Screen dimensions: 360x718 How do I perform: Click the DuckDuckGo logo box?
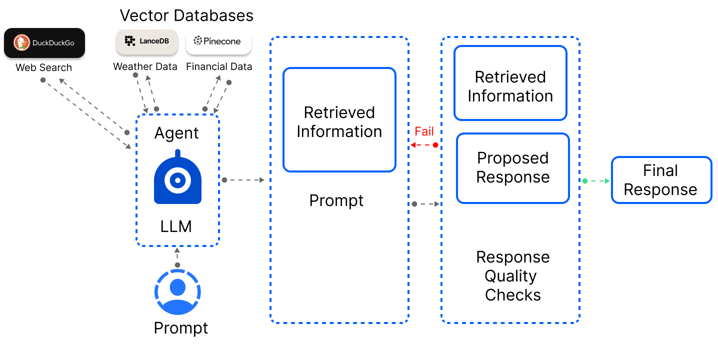pyautogui.click(x=44, y=43)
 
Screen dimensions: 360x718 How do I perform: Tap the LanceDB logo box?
pyautogui.click(x=146, y=41)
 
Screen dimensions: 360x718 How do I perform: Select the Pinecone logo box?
pyautogui.click(x=218, y=41)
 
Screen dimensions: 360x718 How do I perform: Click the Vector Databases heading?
pyautogui.click(x=186, y=15)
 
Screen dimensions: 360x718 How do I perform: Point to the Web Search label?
pyautogui.click(x=44, y=67)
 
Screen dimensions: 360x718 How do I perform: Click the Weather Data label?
pyautogui.click(x=145, y=66)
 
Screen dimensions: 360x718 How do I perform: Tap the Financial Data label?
pyautogui.click(x=219, y=66)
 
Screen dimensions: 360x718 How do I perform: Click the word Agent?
pyautogui.click(x=176, y=133)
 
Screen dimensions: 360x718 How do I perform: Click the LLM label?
pyautogui.click(x=176, y=226)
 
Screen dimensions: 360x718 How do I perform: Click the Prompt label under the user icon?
pyautogui.click(x=180, y=328)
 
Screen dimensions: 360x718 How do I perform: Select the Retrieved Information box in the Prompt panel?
pyautogui.click(x=339, y=120)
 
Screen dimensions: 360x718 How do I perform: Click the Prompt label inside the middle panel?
pyautogui.click(x=336, y=200)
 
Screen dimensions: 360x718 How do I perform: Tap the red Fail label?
pyautogui.click(x=424, y=131)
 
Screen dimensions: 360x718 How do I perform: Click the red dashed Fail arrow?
pyautogui.click(x=423, y=145)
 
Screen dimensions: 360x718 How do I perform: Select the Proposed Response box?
pyautogui.click(x=512, y=168)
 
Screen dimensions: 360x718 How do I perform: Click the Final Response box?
pyautogui.click(x=661, y=180)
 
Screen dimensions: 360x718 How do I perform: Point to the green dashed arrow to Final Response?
pyautogui.click(x=597, y=181)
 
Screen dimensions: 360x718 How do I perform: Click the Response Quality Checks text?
pyautogui.click(x=512, y=276)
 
